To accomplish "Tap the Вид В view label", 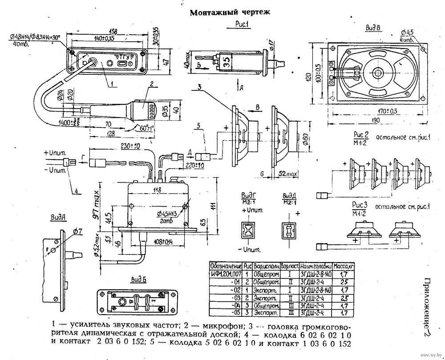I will (372, 28).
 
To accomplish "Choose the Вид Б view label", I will (138, 279).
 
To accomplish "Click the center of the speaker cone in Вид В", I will (379, 72).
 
